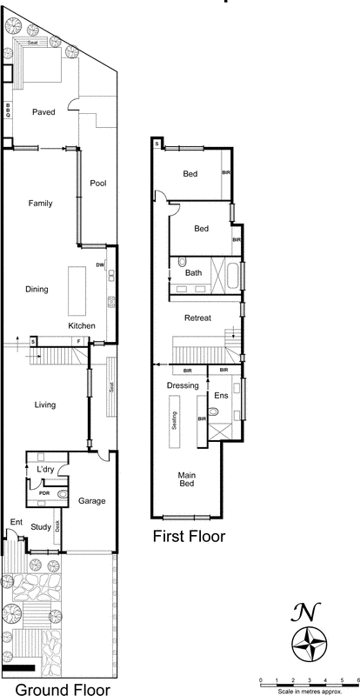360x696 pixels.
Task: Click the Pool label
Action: click(x=97, y=183)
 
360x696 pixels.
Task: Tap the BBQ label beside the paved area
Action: click(x=8, y=110)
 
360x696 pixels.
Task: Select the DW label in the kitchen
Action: click(x=100, y=264)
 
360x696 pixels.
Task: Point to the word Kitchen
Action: click(x=83, y=326)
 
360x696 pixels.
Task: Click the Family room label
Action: click(x=40, y=204)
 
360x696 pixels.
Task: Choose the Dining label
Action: click(x=37, y=290)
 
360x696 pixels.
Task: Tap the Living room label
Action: click(x=44, y=405)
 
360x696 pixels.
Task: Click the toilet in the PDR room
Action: click(x=63, y=494)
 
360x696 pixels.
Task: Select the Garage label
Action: click(x=92, y=501)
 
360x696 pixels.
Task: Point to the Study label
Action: click(x=41, y=526)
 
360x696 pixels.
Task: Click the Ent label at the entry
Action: click(x=15, y=522)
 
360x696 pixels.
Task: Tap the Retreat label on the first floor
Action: click(x=197, y=318)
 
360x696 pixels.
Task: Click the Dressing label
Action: click(x=183, y=385)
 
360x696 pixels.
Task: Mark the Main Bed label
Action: click(x=187, y=479)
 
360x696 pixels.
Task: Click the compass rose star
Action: click(x=310, y=645)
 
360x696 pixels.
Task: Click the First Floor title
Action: click(x=189, y=537)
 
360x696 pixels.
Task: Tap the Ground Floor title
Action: click(x=63, y=689)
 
